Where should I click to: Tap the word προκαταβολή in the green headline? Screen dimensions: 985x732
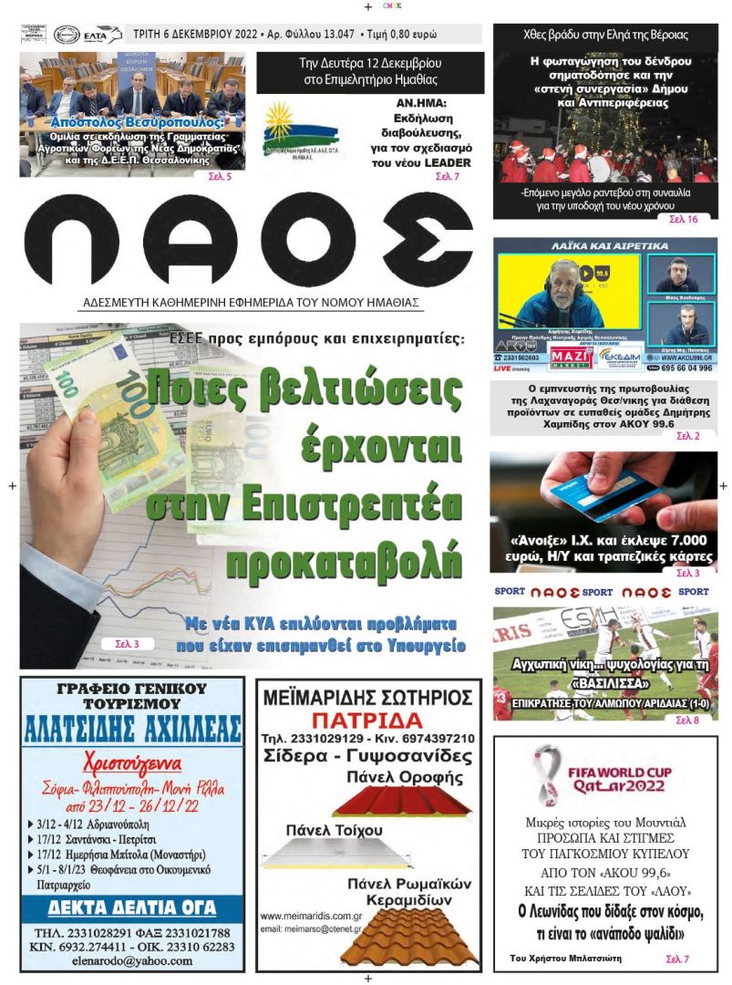coord(344,559)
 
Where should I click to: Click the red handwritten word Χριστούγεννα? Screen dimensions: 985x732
coord(132,763)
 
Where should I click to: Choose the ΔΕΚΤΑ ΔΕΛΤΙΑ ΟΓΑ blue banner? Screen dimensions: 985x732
coord(132,907)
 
